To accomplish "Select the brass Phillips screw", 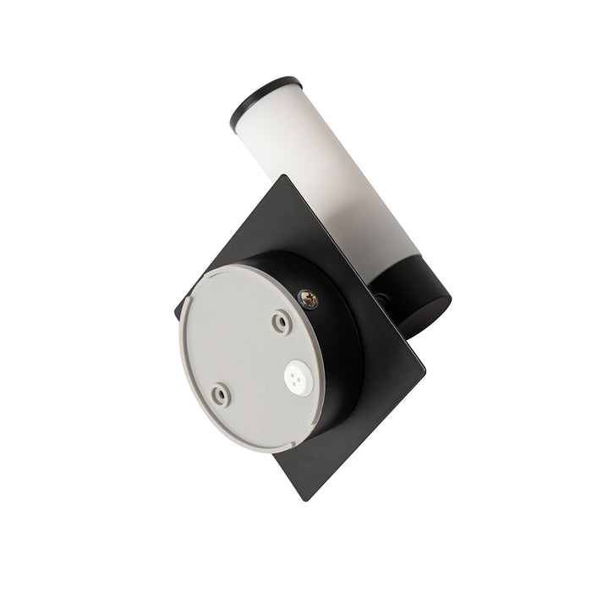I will point(308,299).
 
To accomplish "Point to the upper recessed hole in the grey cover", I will point(280,321).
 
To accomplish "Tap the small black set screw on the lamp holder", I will point(384,298).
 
